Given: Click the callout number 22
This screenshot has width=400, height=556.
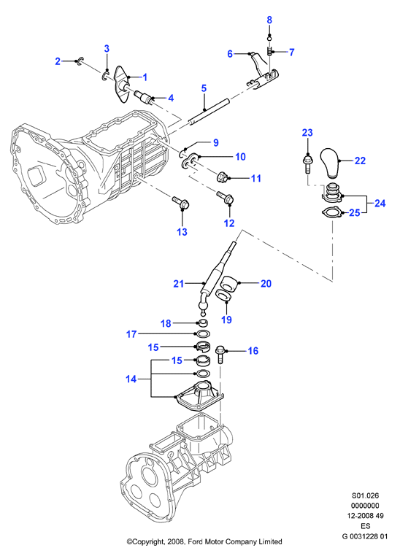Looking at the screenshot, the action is pyautogui.click(x=360, y=161).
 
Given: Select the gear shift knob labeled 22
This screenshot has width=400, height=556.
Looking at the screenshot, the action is pyautogui.click(x=331, y=162).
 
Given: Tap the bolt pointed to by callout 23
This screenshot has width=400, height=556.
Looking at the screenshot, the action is pyautogui.click(x=307, y=163).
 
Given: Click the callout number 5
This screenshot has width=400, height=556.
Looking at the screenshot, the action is pyautogui.click(x=204, y=88).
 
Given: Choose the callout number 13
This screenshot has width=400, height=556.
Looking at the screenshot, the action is pyautogui.click(x=182, y=232).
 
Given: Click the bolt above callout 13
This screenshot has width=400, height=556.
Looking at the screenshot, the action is pyautogui.click(x=181, y=203).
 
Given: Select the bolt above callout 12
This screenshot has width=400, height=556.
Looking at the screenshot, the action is pyautogui.click(x=225, y=198).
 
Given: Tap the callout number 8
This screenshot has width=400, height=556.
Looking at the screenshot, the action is pyautogui.click(x=269, y=20).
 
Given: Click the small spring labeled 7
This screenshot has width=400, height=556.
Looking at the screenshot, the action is pyautogui.click(x=269, y=52).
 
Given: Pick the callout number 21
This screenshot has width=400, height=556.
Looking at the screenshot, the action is pyautogui.click(x=179, y=284).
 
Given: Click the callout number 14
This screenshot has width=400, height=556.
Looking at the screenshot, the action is pyautogui.click(x=131, y=379).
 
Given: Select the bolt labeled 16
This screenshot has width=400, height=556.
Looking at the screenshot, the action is pyautogui.click(x=220, y=354).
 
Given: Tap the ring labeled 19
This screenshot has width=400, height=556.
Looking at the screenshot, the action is pyautogui.click(x=224, y=295).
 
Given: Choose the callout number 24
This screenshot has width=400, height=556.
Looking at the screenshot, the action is pyautogui.click(x=380, y=203).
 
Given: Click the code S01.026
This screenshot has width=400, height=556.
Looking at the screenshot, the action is pyautogui.click(x=365, y=495).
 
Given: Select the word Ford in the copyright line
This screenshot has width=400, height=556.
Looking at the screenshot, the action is pyautogui.click(x=195, y=542).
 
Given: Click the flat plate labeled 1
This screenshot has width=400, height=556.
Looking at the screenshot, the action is pyautogui.click(x=123, y=84).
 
